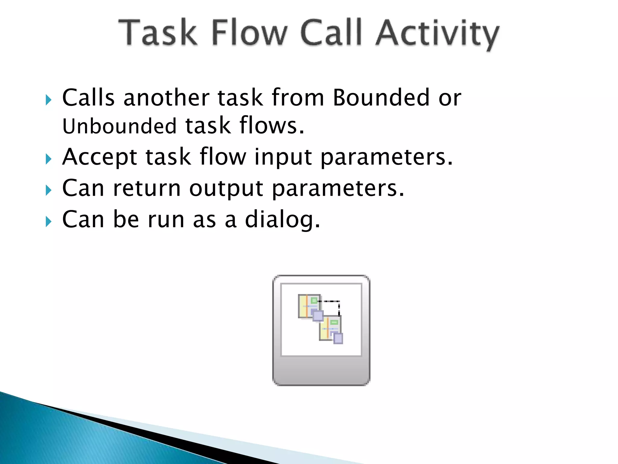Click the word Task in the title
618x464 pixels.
click(158, 33)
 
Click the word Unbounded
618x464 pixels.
click(119, 126)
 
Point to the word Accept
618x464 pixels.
click(100, 157)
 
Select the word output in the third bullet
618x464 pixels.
click(226, 188)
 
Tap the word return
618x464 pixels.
click(147, 188)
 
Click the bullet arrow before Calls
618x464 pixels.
click(49, 99)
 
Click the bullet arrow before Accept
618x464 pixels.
click(49, 159)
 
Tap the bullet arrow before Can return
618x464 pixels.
click(49, 190)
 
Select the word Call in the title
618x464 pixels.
click(331, 33)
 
